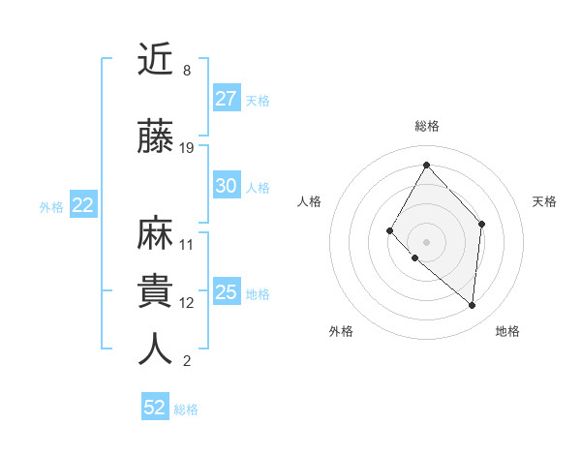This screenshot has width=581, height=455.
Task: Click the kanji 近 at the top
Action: coord(156,60)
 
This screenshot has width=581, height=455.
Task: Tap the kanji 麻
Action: coord(156,232)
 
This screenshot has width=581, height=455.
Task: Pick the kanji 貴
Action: coord(156,290)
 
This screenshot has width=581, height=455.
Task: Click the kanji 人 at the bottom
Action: coord(156,349)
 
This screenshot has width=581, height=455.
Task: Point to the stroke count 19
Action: coord(187,148)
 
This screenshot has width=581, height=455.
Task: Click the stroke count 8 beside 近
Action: coord(186,71)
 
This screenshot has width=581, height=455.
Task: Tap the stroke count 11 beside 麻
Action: coord(187,244)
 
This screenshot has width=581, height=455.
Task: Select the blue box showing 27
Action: coord(226,99)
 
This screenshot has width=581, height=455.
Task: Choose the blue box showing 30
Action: coord(226,186)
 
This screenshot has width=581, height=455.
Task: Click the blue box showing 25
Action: coord(226,292)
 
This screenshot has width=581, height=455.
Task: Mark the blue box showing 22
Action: coord(82,205)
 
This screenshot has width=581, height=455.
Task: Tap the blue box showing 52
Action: coord(155,408)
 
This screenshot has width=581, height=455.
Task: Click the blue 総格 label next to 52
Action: coord(186,409)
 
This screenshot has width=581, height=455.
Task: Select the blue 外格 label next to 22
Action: coord(51,206)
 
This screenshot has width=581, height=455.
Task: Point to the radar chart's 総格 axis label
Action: coord(426,126)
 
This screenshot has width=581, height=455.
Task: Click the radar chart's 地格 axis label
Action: coord(507,332)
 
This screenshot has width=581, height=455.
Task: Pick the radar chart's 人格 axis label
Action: coord(310,201)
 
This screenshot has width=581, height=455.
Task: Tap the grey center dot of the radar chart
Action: coord(425,241)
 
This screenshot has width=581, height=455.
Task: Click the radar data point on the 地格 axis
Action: coord(472,306)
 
